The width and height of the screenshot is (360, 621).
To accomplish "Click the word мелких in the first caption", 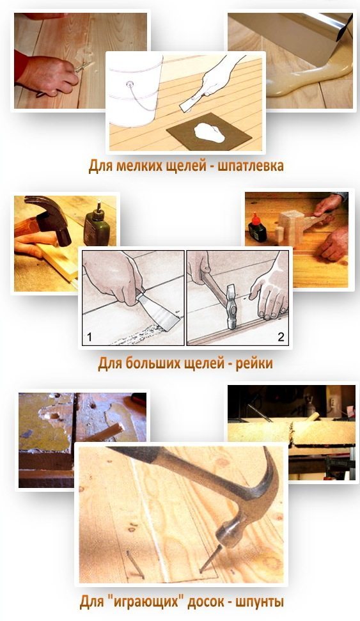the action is point(135,166).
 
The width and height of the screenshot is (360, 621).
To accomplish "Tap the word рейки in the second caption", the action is point(254,363).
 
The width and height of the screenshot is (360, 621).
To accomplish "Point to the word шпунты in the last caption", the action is point(260,602).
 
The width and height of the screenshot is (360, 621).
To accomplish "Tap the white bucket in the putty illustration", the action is point(135,91).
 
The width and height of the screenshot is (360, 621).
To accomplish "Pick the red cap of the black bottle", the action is point(254,218).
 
